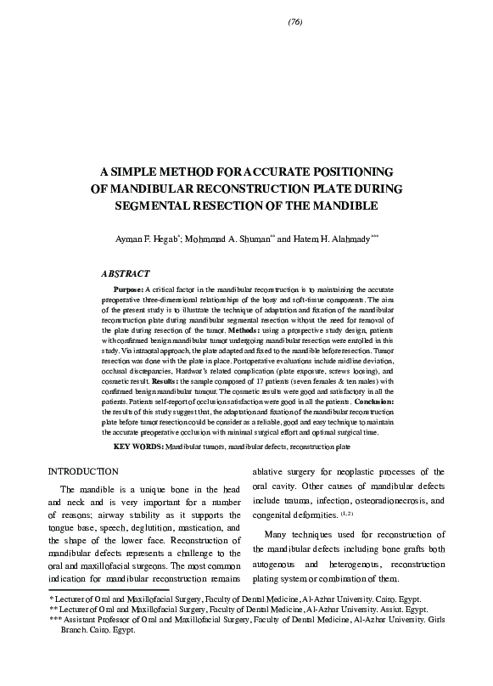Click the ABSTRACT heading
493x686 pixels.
click(x=126, y=274)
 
